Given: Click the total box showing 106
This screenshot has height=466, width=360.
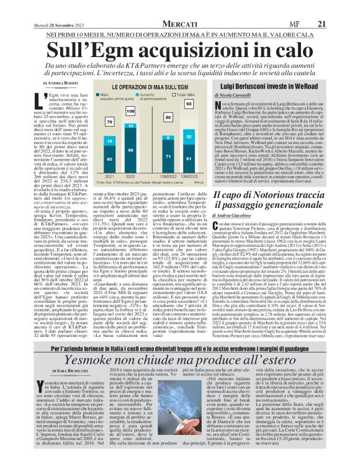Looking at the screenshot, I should tap(130, 110).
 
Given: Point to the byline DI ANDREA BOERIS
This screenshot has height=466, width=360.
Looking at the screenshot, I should tap(61, 83).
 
